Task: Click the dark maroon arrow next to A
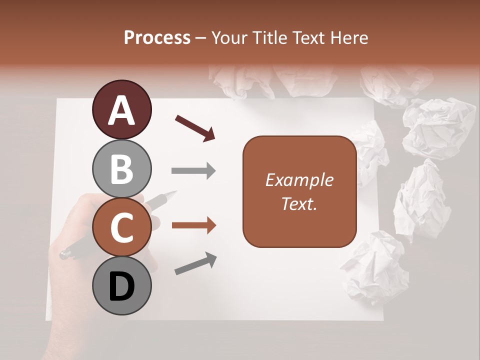coord(195,127)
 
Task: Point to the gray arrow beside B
coord(193,171)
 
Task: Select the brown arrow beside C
coord(193,225)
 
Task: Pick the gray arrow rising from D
coord(195,263)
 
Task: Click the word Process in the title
coord(157,38)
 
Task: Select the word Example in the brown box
coord(299,180)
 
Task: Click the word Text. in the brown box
coord(299,203)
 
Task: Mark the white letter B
coord(121,169)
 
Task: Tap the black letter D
coord(121,287)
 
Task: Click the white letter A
coord(121,110)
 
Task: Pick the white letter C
coord(121,228)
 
